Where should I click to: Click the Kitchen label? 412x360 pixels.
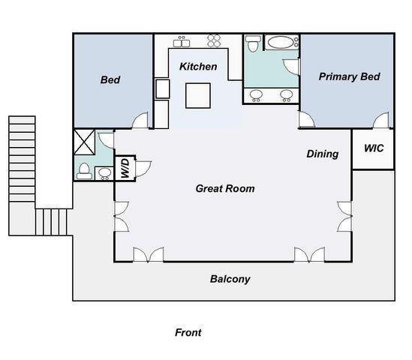(198, 67)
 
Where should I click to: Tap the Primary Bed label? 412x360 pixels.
(349, 76)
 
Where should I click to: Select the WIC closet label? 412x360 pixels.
(374, 148)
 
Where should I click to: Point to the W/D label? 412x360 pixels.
(125, 168)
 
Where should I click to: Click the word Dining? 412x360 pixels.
(323, 154)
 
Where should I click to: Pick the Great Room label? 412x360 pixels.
(225, 188)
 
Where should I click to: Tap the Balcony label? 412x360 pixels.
(230, 279)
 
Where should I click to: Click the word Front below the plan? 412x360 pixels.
(188, 333)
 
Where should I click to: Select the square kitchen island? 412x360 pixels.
(198, 95)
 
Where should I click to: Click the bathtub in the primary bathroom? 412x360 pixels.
(281, 42)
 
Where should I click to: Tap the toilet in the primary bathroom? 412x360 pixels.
(253, 43)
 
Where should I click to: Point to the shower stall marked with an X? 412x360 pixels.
(84, 142)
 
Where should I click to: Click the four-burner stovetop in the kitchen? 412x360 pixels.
(214, 40)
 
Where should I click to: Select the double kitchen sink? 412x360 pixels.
(182, 42)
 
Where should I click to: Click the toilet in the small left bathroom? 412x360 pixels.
(84, 171)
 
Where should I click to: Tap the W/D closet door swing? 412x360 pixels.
(143, 169)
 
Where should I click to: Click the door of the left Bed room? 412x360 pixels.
(140, 120)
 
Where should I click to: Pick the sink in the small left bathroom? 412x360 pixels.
(104, 173)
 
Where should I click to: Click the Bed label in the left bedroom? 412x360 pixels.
(110, 79)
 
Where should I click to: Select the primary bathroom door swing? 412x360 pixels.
(291, 67)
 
